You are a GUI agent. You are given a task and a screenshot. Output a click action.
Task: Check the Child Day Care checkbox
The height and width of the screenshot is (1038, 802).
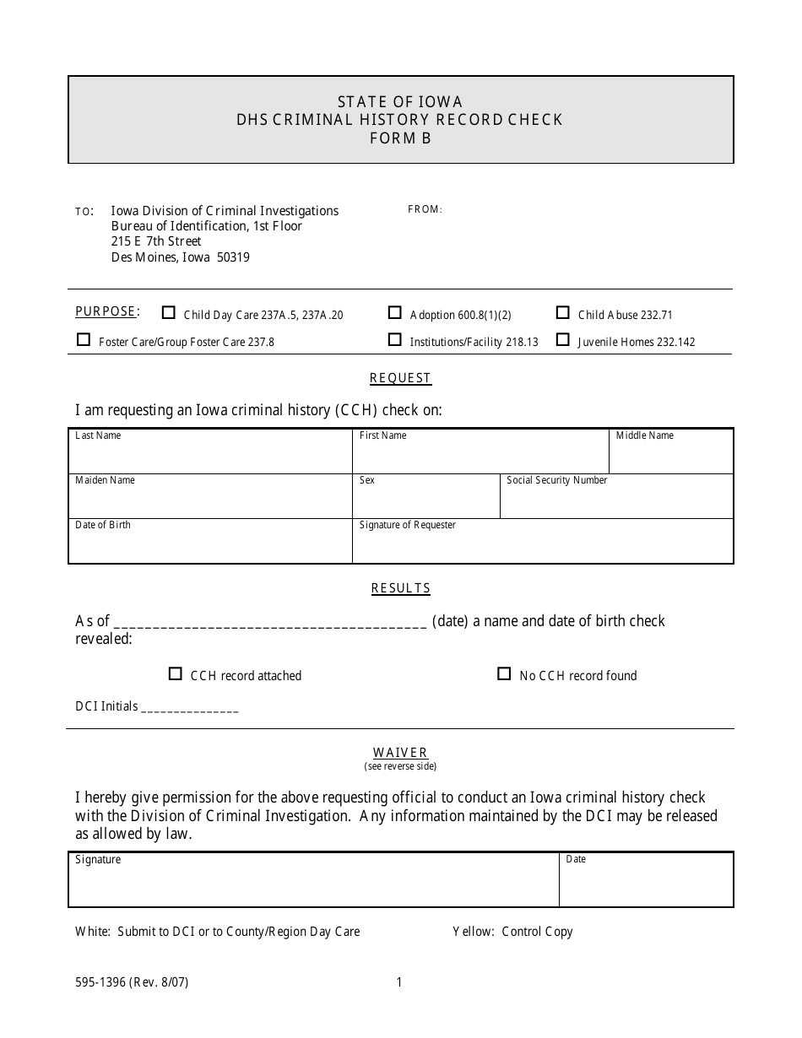point(169,313)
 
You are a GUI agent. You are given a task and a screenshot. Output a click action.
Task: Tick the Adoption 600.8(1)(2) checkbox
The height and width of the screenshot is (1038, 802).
point(394,313)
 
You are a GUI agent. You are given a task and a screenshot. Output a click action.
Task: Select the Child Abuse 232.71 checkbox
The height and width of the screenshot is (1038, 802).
point(562,313)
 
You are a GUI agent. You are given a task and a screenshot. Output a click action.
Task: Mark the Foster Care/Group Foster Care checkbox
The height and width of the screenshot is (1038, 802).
point(84,340)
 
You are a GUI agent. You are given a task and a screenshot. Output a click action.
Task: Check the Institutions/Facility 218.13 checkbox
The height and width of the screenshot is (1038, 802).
point(394,340)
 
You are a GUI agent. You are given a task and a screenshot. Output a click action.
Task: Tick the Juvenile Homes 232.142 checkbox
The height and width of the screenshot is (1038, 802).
point(562,340)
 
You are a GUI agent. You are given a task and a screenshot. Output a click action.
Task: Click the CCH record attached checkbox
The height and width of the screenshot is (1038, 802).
point(176,674)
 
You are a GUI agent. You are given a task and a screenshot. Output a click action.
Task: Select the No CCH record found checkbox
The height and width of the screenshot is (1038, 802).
point(504,674)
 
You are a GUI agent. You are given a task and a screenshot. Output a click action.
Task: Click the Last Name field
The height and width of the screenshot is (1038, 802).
point(209,457)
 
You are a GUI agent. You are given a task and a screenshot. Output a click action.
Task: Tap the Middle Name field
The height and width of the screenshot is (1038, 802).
point(670,457)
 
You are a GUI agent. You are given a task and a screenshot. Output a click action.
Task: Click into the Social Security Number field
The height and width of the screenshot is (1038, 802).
point(616,501)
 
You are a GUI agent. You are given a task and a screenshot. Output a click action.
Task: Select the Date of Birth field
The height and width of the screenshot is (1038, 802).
point(209,546)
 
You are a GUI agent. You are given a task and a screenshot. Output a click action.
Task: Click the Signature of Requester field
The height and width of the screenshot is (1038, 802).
point(542,546)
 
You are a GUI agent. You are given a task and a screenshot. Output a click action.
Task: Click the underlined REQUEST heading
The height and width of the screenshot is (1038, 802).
point(401,378)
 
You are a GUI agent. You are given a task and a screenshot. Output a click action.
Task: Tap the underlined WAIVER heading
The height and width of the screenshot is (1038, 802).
point(401,752)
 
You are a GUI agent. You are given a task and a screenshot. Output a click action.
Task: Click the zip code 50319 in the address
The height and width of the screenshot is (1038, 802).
point(232,257)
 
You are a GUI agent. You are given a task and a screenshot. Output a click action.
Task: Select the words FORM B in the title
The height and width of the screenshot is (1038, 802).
point(400,138)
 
